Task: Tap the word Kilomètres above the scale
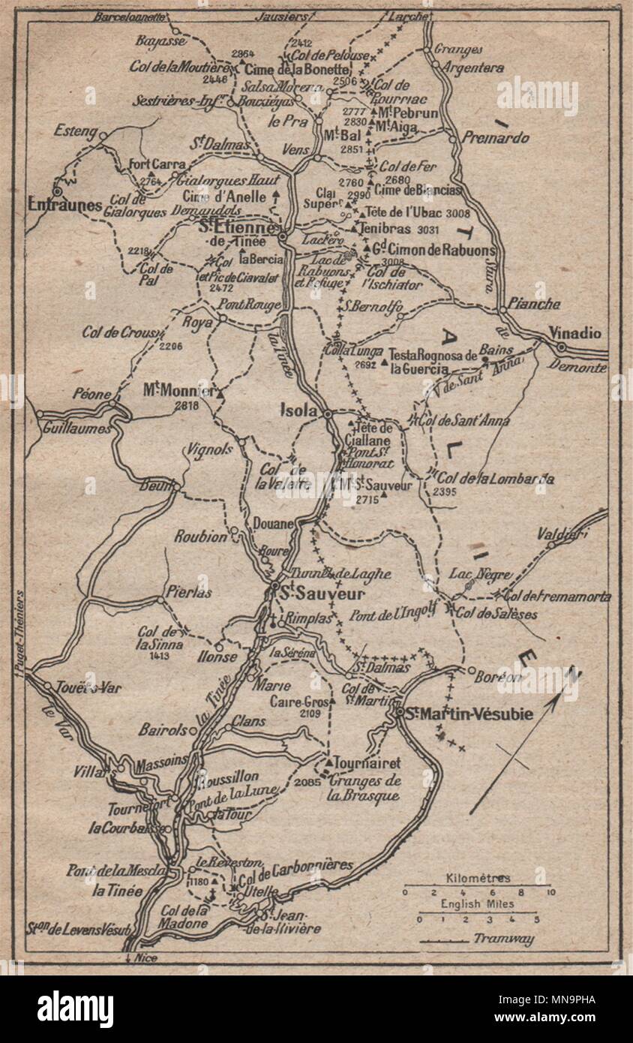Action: (x=478, y=878)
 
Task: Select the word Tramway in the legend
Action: (x=503, y=938)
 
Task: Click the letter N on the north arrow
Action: (x=572, y=673)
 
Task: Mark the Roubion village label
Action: (x=199, y=537)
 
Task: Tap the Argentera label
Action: (x=473, y=68)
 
